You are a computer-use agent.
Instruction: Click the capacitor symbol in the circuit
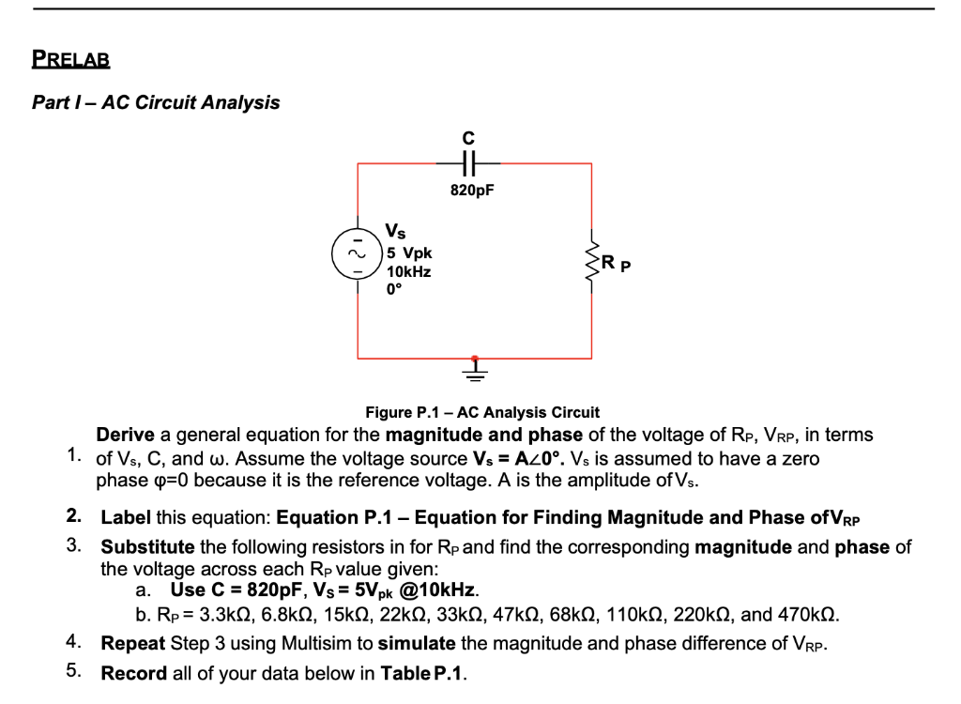click(471, 163)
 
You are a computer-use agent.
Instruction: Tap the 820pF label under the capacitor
click(471, 190)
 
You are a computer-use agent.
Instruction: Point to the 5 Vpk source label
click(409, 253)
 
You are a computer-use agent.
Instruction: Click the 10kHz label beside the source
click(409, 271)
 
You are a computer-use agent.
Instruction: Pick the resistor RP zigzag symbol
click(591, 260)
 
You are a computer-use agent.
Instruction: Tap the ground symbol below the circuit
click(475, 373)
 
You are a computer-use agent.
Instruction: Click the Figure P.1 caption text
click(481, 412)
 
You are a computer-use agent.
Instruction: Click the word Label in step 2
click(125, 517)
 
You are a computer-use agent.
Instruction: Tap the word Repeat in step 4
click(133, 644)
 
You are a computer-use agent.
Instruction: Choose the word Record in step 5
click(133, 673)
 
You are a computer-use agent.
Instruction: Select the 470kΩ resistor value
click(808, 616)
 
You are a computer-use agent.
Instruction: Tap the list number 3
click(73, 545)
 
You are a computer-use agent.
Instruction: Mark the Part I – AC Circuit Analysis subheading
click(156, 102)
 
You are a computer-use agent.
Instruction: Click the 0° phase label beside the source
click(393, 289)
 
